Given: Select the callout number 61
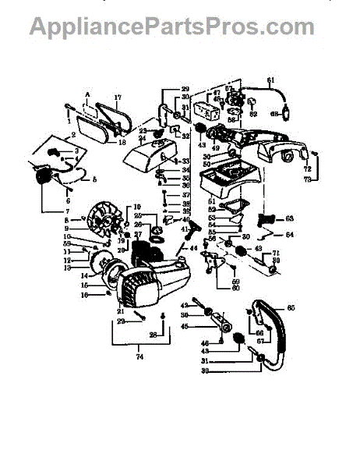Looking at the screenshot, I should [x=271, y=80].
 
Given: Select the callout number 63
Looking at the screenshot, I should [x=288, y=218].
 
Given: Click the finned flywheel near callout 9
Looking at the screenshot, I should [x=102, y=222].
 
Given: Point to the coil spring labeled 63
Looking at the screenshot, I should [x=270, y=220].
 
